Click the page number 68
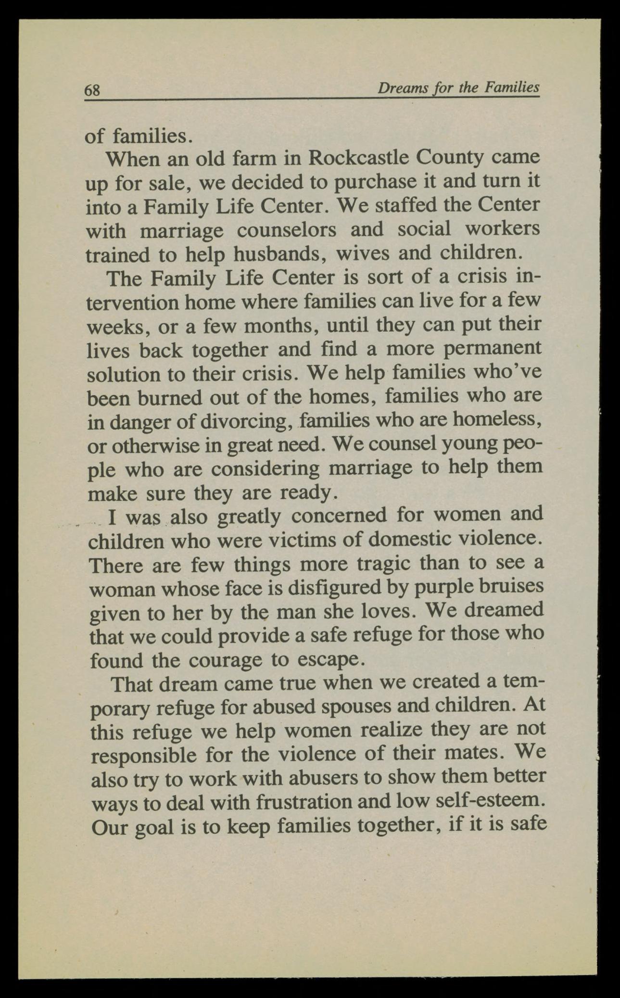point(92,90)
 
